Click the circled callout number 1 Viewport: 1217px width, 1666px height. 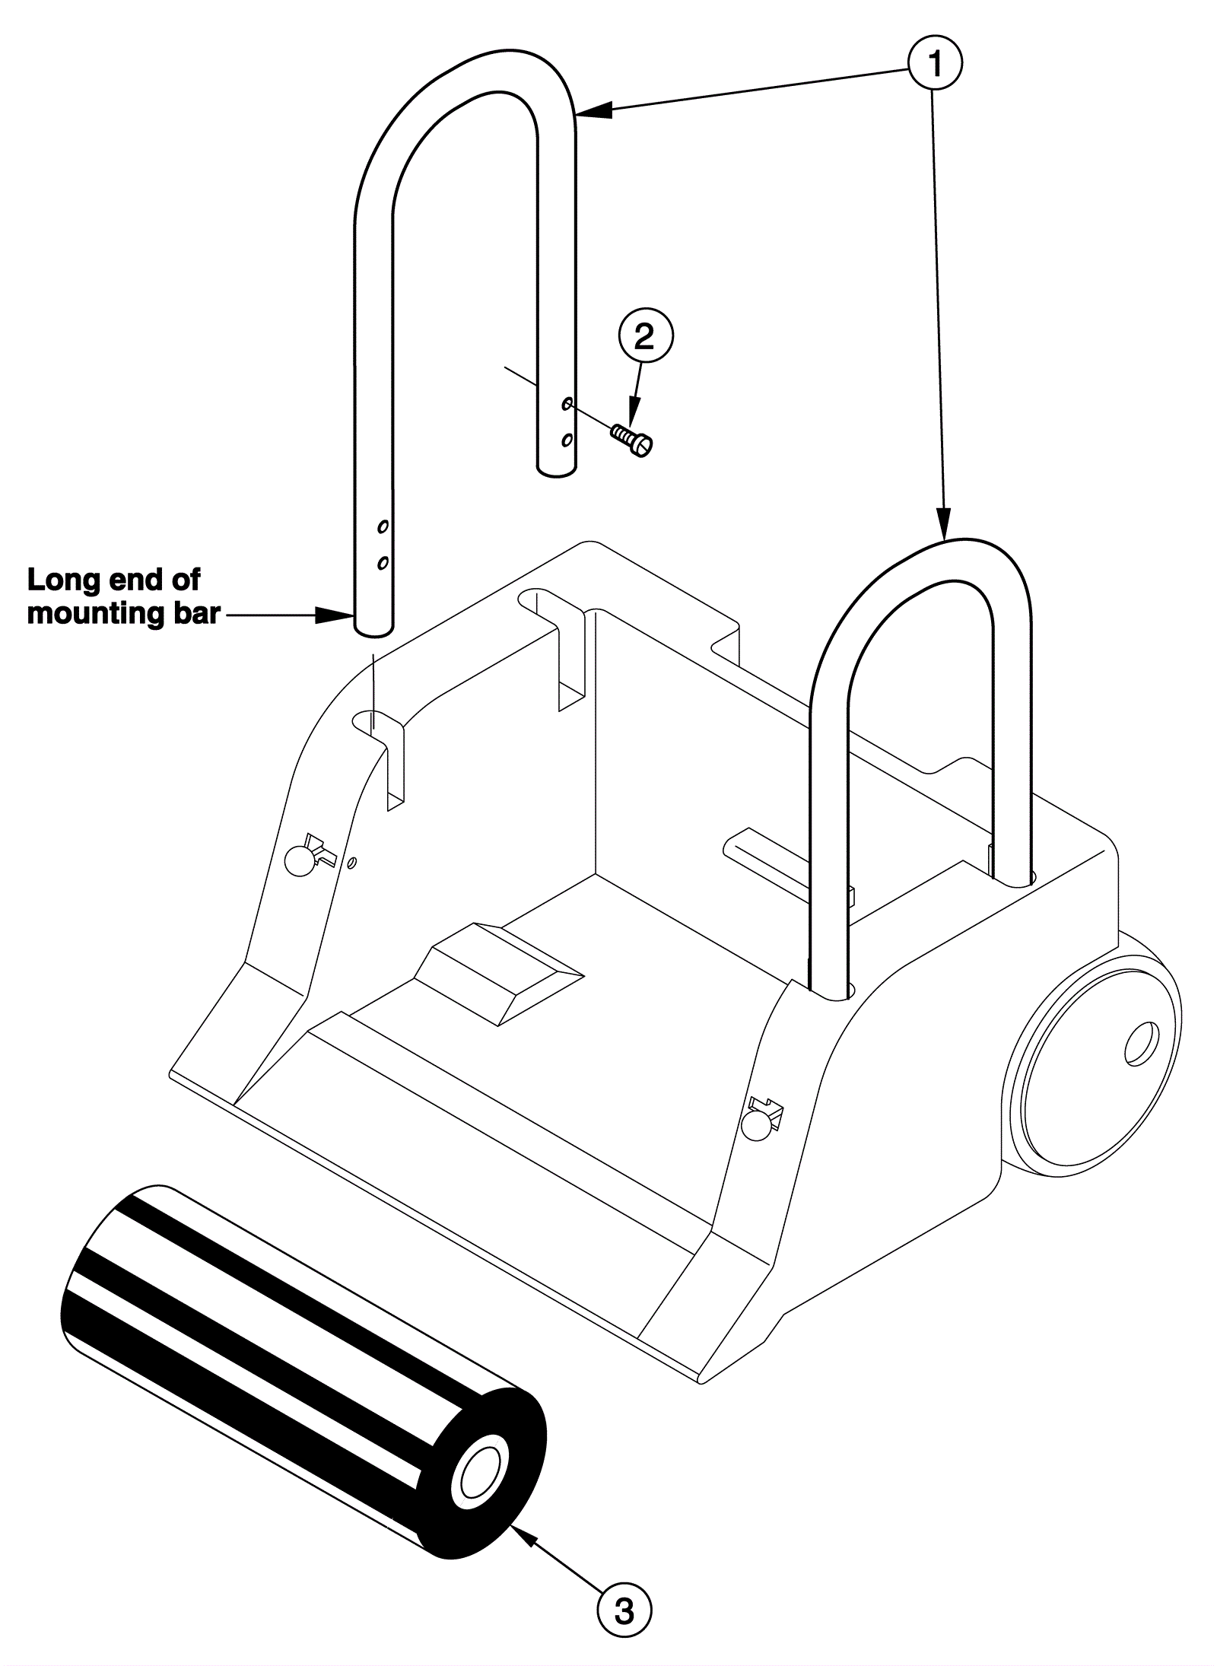935,65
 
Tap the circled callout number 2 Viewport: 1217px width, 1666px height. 644,336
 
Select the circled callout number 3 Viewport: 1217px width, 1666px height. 624,1606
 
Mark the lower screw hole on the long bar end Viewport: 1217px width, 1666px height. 383,563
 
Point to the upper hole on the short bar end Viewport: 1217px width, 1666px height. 567,403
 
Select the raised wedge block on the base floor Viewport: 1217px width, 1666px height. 498,974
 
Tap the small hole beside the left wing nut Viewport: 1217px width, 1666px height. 351,863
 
